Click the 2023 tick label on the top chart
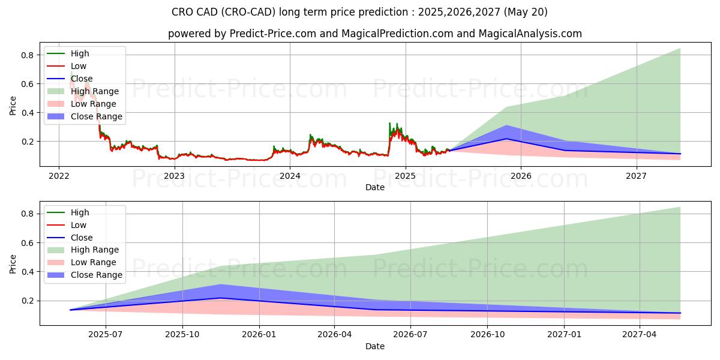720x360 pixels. coord(174,176)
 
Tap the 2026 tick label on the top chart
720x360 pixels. coord(521,176)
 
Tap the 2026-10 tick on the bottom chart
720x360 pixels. coord(488,335)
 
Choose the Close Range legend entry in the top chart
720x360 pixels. coord(96,116)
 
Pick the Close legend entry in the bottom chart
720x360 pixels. coord(82,238)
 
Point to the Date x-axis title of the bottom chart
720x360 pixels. coord(375,346)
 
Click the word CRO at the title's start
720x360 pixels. coord(182,12)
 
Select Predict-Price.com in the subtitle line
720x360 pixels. coord(273,34)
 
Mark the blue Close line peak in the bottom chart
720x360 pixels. coord(220,298)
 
